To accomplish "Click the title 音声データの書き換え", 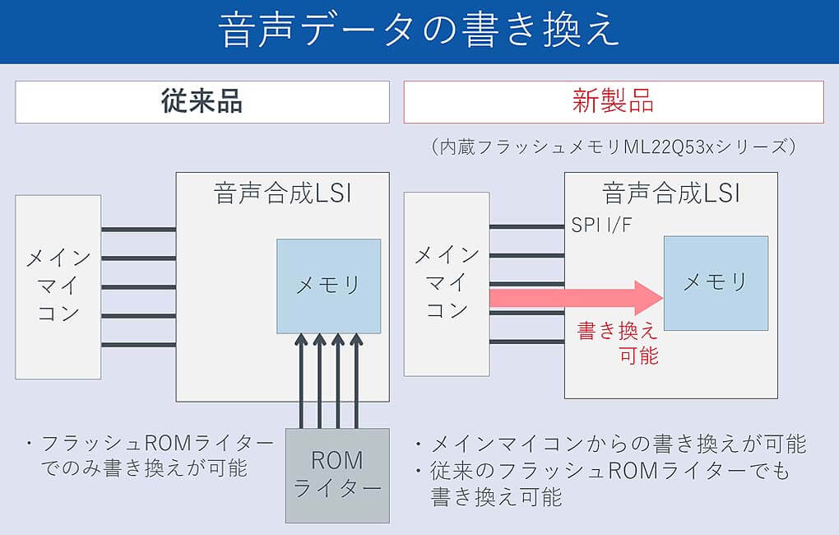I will tap(419, 31).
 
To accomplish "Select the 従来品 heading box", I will tap(202, 102).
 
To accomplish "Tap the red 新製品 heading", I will tap(613, 102).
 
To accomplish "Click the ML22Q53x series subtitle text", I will tap(613, 147).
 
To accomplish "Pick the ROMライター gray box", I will tap(337, 475).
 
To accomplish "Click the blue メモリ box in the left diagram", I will tap(328, 286).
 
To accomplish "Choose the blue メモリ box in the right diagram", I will tap(716, 282).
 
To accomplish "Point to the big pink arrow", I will tap(576, 297).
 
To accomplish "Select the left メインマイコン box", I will tap(58, 286).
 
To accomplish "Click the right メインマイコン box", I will tap(447, 282).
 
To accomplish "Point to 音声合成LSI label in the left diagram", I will tap(282, 194).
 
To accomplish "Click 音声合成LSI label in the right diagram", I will tap(670, 194).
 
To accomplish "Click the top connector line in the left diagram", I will tap(138, 229).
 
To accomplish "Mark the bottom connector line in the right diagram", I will tap(526, 342).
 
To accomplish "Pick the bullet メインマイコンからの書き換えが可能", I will tap(613, 444).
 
